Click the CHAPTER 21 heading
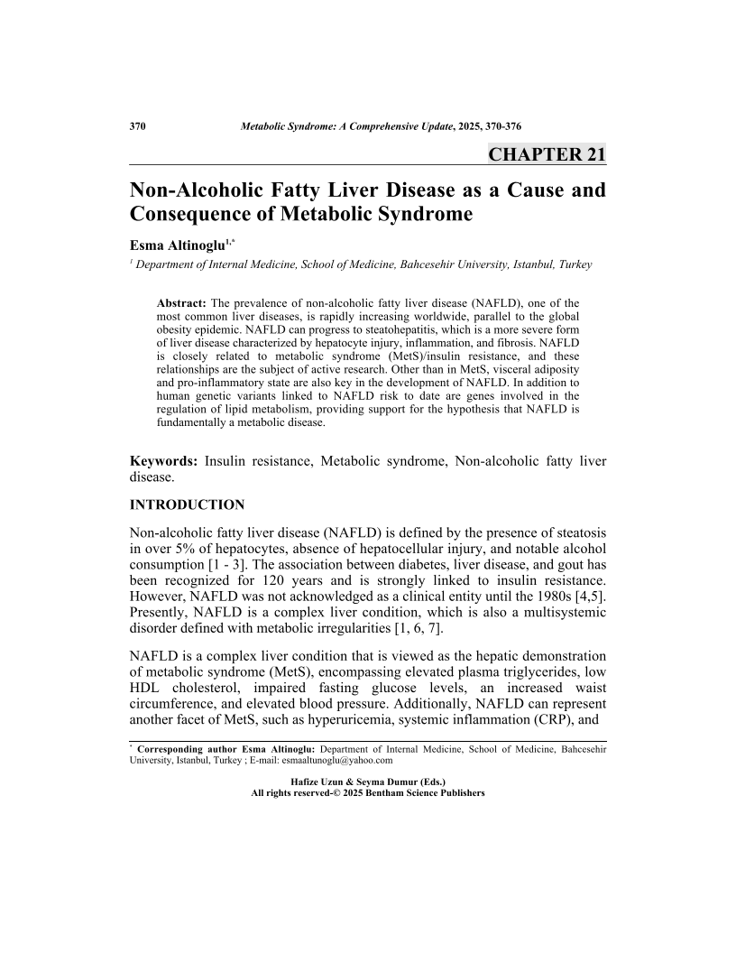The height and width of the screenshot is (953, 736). tap(547, 153)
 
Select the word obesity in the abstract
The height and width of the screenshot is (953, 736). tap(176, 329)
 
